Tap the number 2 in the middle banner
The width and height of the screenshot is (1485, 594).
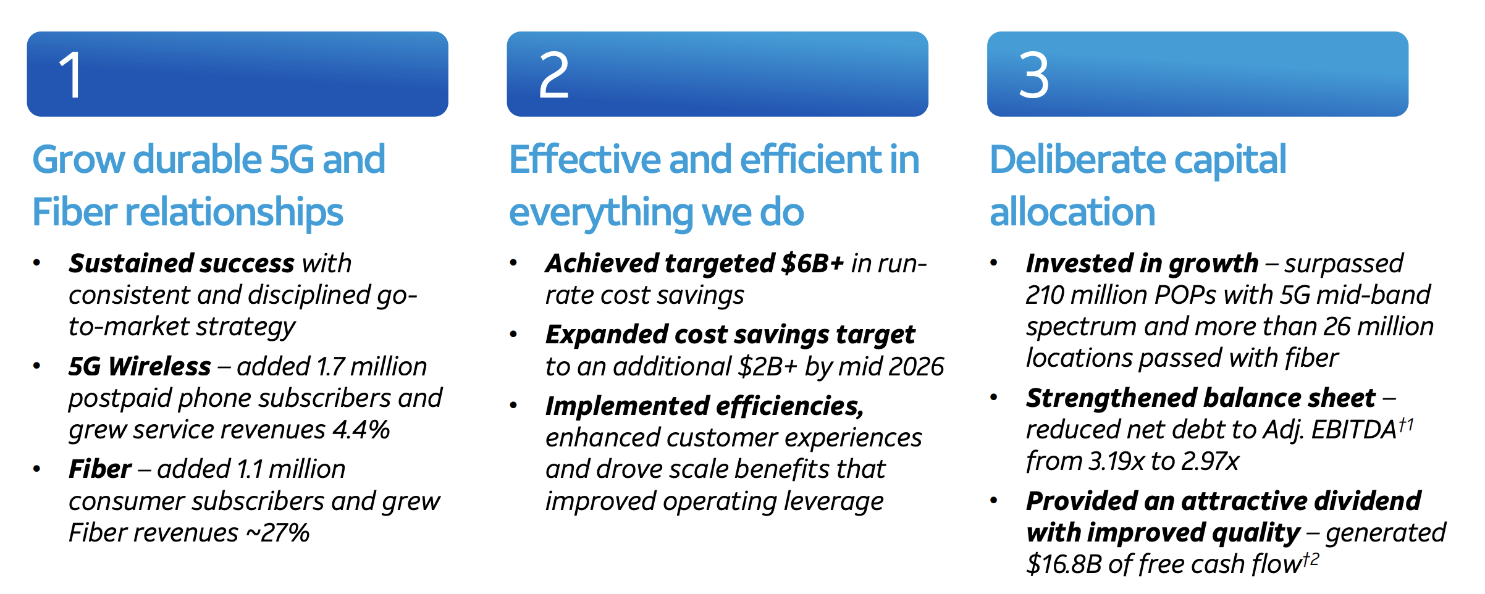pos(553,75)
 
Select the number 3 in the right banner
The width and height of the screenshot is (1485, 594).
pos(1033,75)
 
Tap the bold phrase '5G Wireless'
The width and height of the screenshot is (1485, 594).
pos(140,366)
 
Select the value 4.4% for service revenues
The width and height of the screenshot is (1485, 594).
pos(361,429)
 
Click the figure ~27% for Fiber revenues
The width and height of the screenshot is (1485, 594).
pos(278,532)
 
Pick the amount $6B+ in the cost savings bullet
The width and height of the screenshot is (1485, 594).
pos(812,263)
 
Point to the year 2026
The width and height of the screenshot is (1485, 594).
pos(917,366)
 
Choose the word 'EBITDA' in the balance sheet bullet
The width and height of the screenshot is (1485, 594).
pos(1354,429)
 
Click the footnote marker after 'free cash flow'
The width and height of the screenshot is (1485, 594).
pos(1311,559)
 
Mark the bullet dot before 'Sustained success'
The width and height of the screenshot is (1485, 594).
pos(37,262)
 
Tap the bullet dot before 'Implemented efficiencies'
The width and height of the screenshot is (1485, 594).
pos(513,405)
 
